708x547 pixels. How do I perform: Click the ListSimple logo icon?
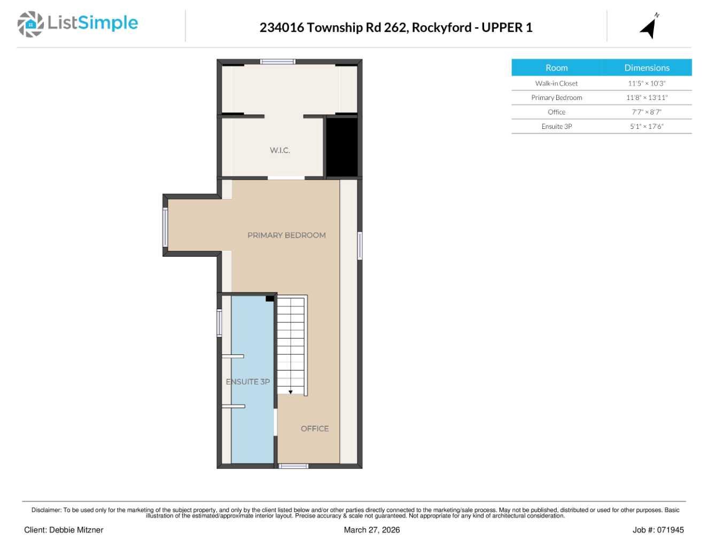pos(30,24)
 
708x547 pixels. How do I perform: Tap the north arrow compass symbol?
pos(649,27)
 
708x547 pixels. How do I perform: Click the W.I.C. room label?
pos(279,150)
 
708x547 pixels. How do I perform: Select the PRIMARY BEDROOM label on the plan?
pos(286,235)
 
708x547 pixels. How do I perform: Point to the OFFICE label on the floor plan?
pos(314,429)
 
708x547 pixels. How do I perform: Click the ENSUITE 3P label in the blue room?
pos(248,382)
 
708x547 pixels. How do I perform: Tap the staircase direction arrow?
pos(291,392)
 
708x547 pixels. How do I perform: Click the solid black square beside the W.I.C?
pos(341,147)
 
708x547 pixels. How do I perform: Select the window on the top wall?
pos(277,62)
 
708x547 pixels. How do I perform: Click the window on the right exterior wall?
pos(360,245)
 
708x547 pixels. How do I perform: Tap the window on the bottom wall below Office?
pos(293,466)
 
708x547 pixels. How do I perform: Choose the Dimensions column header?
pos(647,68)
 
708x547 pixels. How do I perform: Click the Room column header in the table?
pos(556,68)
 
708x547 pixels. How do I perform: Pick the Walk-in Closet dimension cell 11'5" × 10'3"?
pos(647,83)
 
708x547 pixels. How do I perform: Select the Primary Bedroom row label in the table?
pos(556,98)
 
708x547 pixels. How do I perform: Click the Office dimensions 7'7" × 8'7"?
pos(647,112)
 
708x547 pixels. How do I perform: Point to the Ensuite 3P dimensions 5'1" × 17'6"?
pos(647,127)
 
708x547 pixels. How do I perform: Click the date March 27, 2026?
pos(371,530)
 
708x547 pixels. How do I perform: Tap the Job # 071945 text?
pos(658,530)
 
